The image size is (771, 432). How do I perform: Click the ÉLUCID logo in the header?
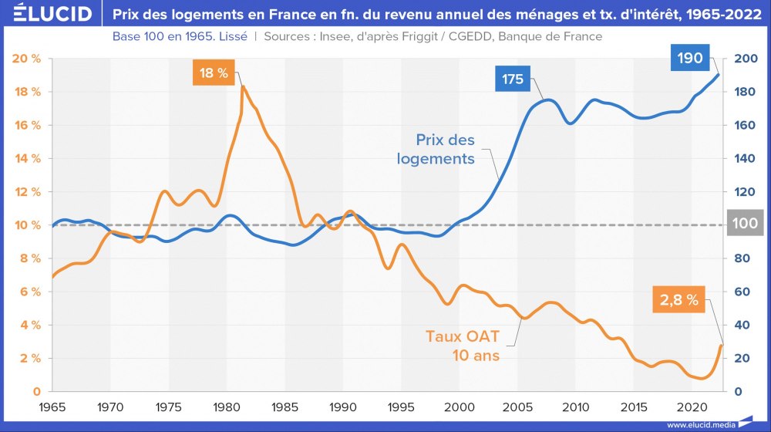(x=48, y=14)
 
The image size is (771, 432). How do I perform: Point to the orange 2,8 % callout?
(x=678, y=301)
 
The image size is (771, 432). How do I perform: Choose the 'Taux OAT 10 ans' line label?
(x=463, y=346)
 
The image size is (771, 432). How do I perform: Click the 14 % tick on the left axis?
(x=26, y=159)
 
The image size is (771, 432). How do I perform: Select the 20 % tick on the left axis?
(x=26, y=59)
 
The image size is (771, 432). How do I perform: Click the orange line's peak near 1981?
(x=243, y=86)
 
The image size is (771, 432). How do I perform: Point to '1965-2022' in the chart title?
(x=724, y=14)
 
